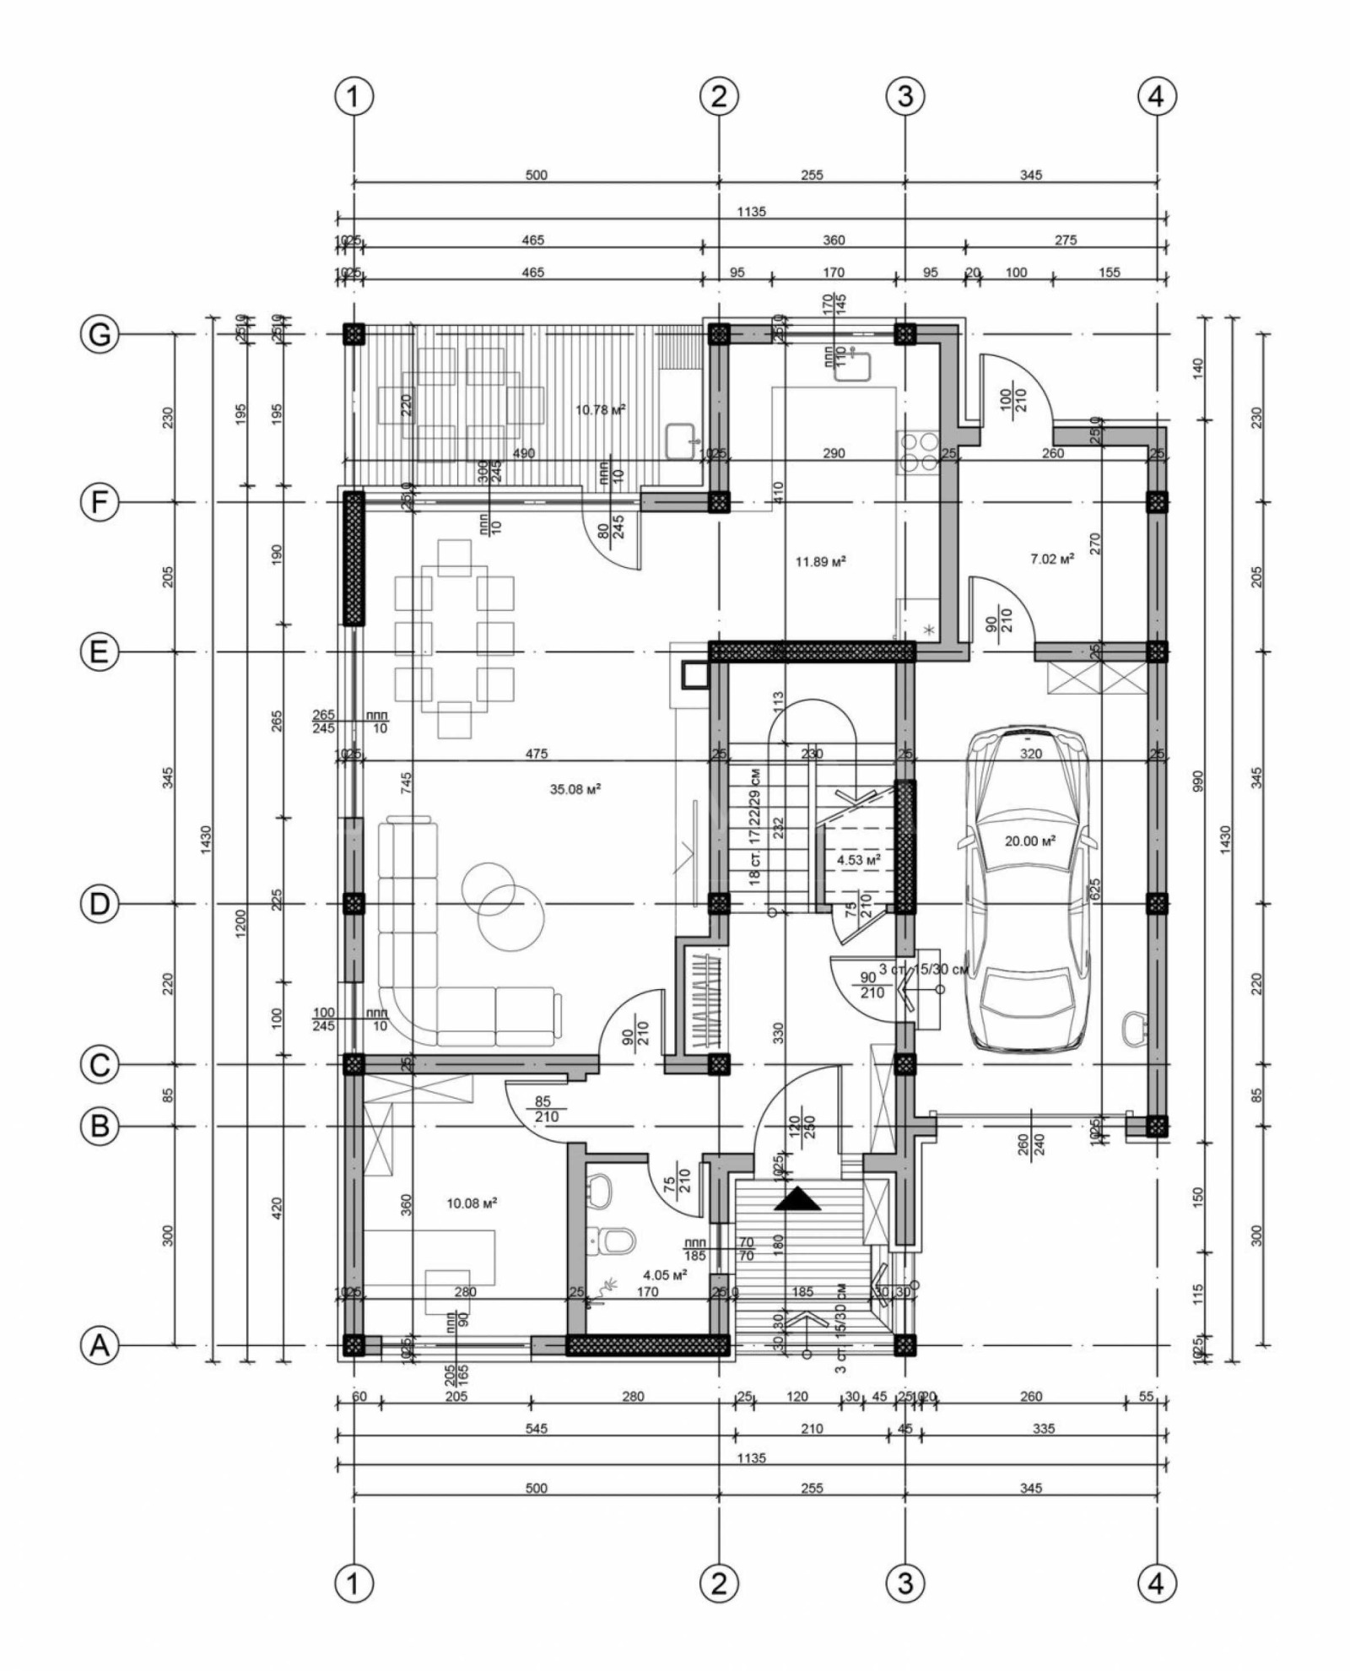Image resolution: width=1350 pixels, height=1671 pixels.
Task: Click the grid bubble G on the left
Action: click(100, 335)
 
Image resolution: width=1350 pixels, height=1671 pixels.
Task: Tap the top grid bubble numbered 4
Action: click(1156, 97)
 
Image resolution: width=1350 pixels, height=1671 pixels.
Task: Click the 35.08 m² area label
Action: click(575, 790)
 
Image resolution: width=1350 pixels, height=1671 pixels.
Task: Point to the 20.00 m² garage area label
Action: click(1030, 841)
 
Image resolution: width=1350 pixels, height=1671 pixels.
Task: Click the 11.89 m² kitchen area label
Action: click(821, 560)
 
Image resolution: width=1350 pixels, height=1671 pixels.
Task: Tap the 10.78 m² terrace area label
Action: click(600, 410)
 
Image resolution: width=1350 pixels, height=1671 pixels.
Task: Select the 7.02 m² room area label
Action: click(1052, 559)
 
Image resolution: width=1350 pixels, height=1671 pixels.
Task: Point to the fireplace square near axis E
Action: click(695, 674)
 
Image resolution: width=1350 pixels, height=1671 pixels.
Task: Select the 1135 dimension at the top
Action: click(750, 212)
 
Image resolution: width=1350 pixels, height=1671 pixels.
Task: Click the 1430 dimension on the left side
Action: click(208, 837)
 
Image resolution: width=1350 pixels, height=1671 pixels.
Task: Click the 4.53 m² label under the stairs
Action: click(858, 859)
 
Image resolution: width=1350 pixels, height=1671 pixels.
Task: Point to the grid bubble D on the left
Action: click(100, 904)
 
